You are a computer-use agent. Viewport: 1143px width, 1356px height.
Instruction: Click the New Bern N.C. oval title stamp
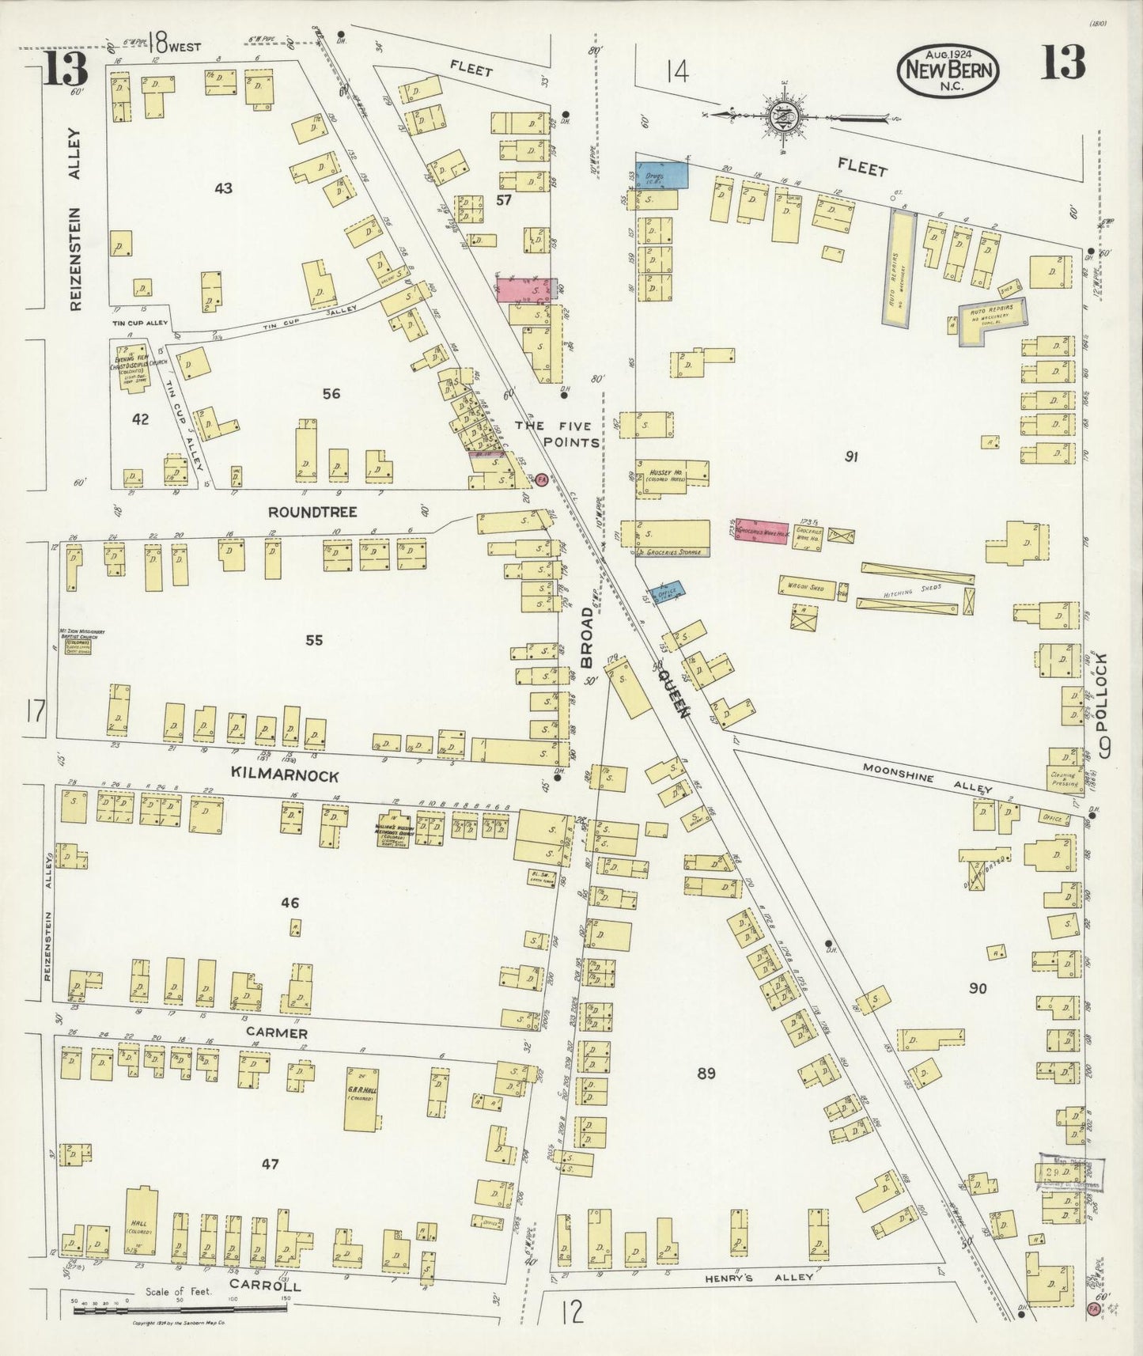coord(948,69)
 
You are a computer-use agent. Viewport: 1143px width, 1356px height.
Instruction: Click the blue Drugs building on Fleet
coord(662,173)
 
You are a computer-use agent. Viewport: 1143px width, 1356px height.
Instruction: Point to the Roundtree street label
coord(311,513)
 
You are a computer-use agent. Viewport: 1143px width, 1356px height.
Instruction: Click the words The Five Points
coord(557,434)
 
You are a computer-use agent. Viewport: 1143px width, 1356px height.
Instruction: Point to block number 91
coord(851,456)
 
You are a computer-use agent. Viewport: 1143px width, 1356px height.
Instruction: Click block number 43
coord(223,188)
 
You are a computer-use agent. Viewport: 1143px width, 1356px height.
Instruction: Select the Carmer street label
coord(275,1033)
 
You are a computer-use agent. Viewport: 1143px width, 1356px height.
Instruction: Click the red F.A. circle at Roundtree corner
coord(542,479)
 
